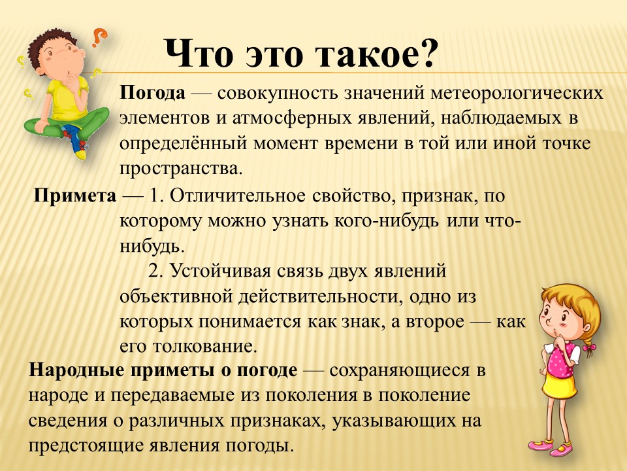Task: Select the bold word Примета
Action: [x=74, y=196]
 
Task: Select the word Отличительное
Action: [x=238, y=196]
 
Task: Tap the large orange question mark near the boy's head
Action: [x=99, y=37]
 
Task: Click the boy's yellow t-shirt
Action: [x=65, y=98]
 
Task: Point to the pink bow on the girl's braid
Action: [x=589, y=349]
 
